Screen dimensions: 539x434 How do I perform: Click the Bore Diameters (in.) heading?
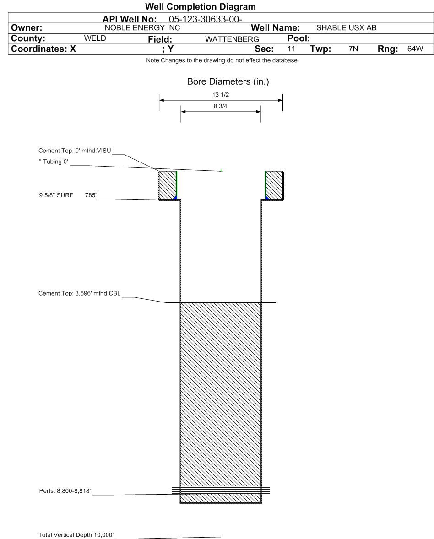click(x=221, y=82)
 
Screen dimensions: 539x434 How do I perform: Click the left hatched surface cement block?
click(x=167, y=185)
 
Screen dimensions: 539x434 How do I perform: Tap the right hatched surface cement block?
click(x=275, y=185)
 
